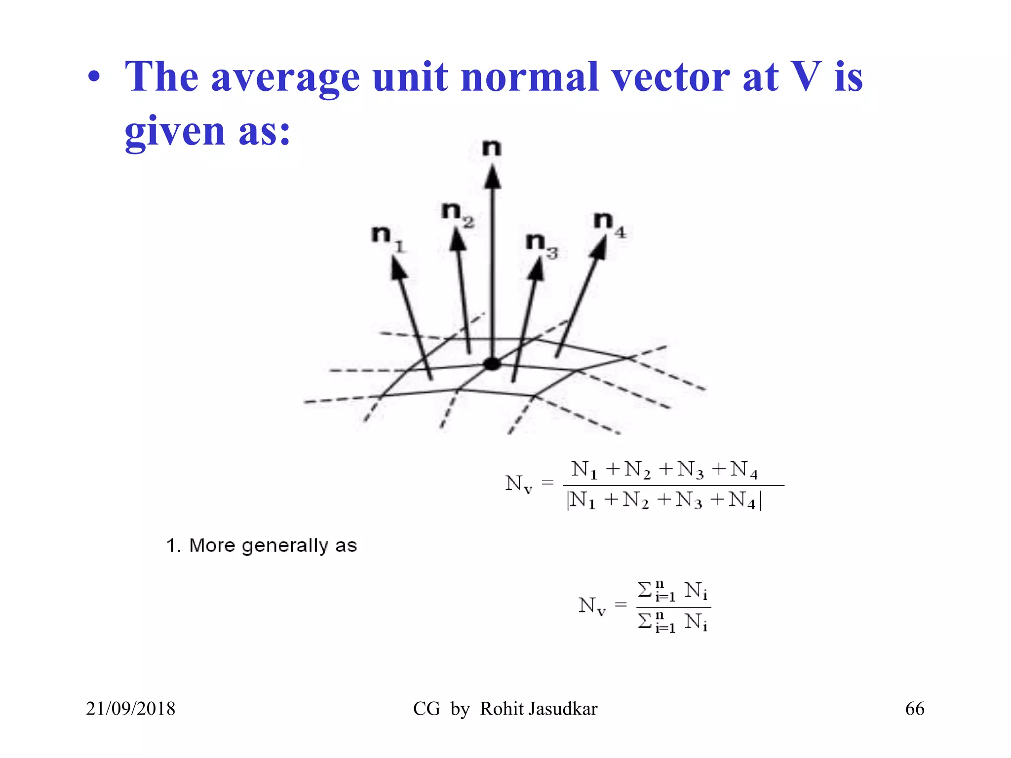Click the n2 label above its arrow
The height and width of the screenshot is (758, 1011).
click(x=457, y=214)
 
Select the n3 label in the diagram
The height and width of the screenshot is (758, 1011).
click(x=541, y=245)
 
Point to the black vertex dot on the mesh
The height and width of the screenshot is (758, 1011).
click(x=492, y=364)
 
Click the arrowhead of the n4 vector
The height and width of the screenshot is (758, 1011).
click(x=599, y=247)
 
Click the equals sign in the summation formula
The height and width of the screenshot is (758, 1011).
click(x=621, y=604)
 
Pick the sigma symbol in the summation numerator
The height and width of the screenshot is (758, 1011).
click(x=645, y=589)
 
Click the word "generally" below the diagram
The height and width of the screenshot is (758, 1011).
click(x=285, y=546)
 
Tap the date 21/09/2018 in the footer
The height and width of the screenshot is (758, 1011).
click(x=130, y=709)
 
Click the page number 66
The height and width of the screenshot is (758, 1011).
click(x=914, y=709)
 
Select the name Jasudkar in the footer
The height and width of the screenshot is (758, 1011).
click(x=562, y=709)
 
